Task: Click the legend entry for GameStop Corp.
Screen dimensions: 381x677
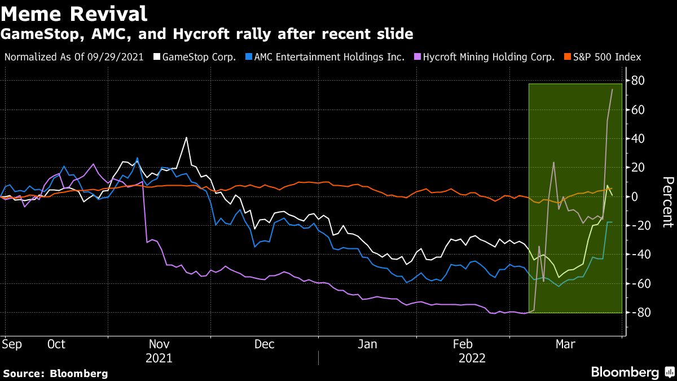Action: pos(199,57)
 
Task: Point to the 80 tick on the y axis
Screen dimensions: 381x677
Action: pos(638,81)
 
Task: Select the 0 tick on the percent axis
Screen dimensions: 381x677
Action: pos(634,196)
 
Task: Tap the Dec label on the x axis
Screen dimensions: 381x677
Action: pos(264,344)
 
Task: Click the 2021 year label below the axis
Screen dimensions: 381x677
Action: pos(159,358)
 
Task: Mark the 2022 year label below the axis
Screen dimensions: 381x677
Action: pos(472,358)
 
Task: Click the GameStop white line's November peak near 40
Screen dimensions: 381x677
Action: pos(186,138)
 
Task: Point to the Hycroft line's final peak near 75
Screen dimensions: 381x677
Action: pos(612,90)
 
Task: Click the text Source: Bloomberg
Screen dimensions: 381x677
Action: pos(55,373)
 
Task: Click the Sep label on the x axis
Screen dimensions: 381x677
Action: pos(12,344)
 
